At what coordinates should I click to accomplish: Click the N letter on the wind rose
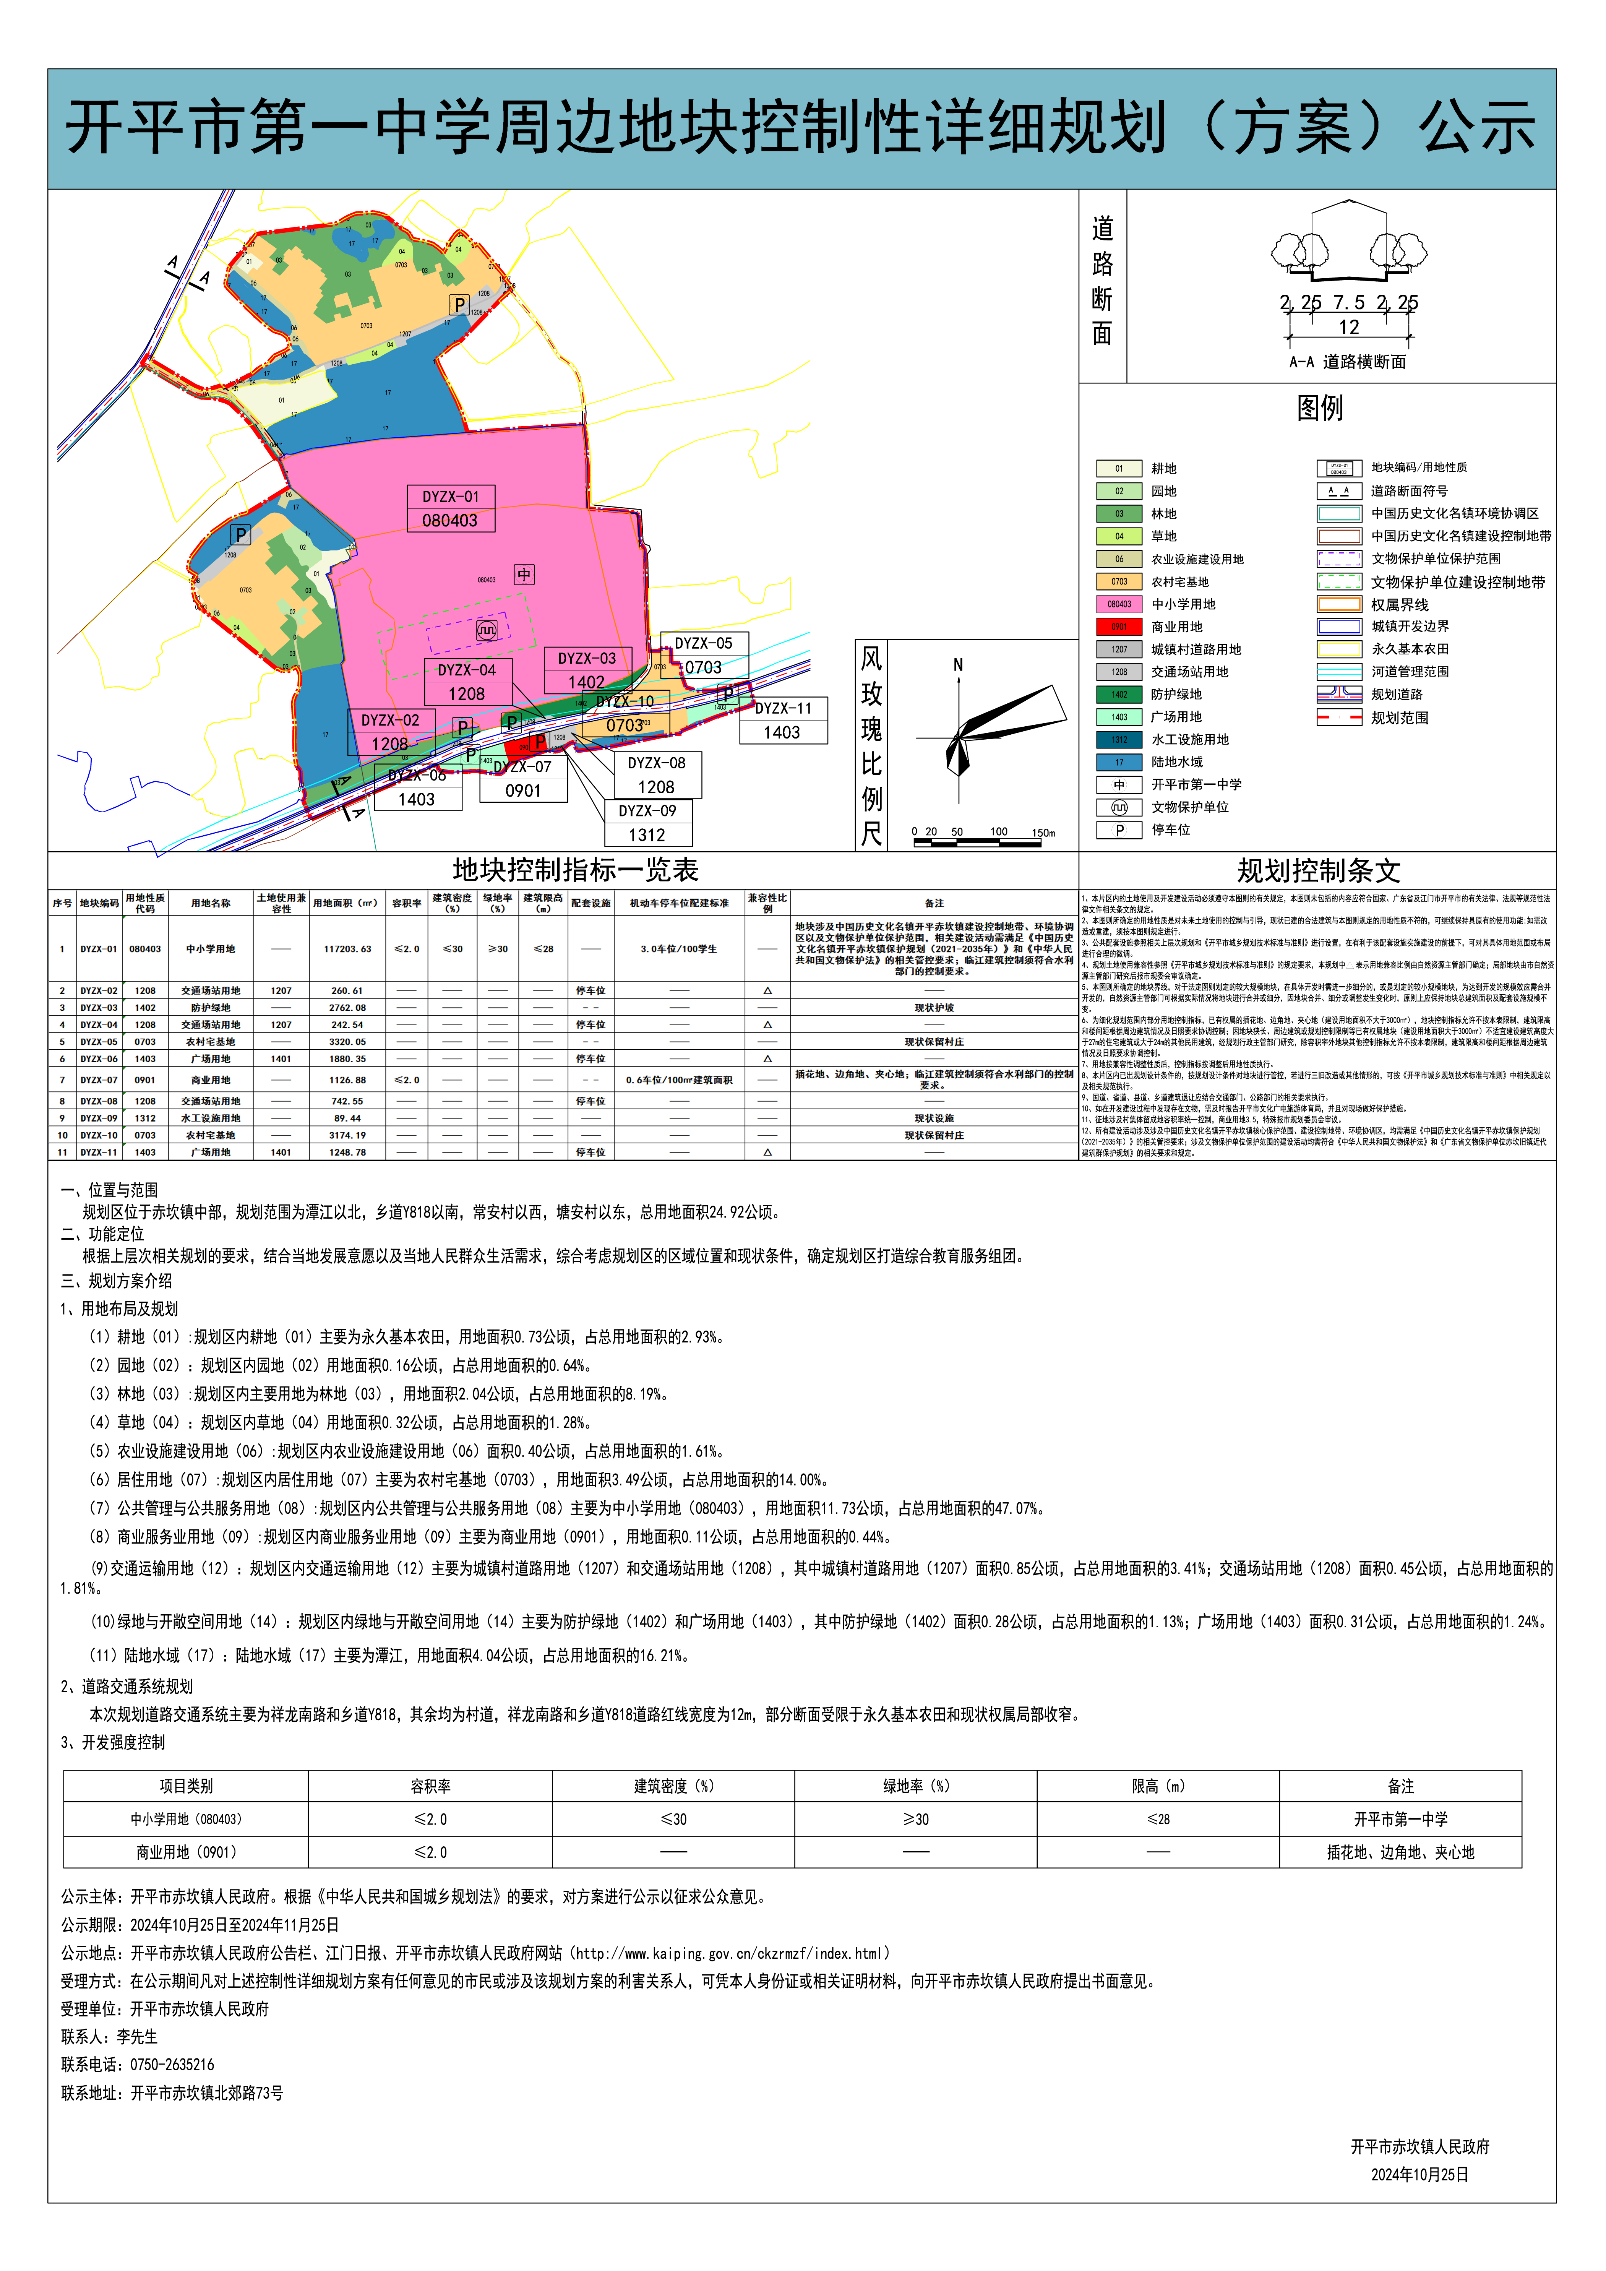point(957,665)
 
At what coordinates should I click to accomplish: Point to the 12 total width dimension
point(1349,327)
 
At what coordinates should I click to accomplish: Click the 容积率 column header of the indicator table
point(406,903)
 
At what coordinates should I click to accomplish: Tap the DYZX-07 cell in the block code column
point(99,1080)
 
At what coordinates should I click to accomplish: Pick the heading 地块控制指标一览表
point(576,870)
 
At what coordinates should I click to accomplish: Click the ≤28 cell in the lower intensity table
point(1158,1819)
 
